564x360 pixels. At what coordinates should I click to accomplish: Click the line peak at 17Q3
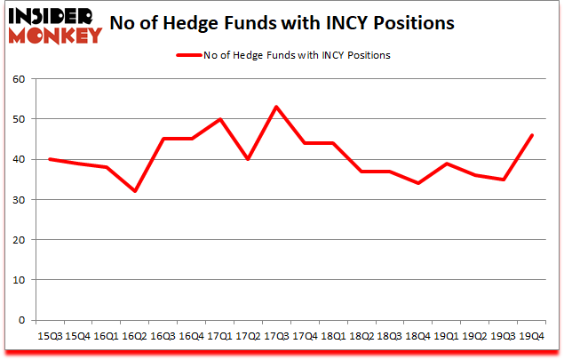coord(277,107)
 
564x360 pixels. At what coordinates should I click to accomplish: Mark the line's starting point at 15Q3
coord(49,159)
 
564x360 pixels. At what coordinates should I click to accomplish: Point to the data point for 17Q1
coord(220,119)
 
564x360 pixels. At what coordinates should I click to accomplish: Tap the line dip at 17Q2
coord(249,159)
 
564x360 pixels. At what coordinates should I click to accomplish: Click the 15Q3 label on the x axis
coord(49,336)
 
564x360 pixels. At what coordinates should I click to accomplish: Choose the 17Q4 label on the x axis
coord(306,336)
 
